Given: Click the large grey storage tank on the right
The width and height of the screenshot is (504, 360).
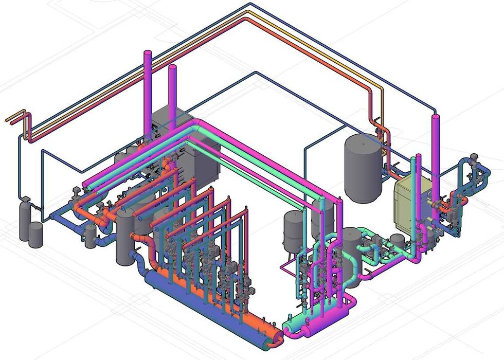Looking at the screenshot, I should [363, 167].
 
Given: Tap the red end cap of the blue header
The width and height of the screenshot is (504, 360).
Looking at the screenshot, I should [278, 338].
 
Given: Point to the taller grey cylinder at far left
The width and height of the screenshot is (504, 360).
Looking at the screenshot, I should [24, 221].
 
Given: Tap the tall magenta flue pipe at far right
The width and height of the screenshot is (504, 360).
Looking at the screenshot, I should [436, 154].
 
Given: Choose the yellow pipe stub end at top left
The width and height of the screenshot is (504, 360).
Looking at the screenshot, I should [9, 120].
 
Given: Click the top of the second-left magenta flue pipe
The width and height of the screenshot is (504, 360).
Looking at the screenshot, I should [172, 68].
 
